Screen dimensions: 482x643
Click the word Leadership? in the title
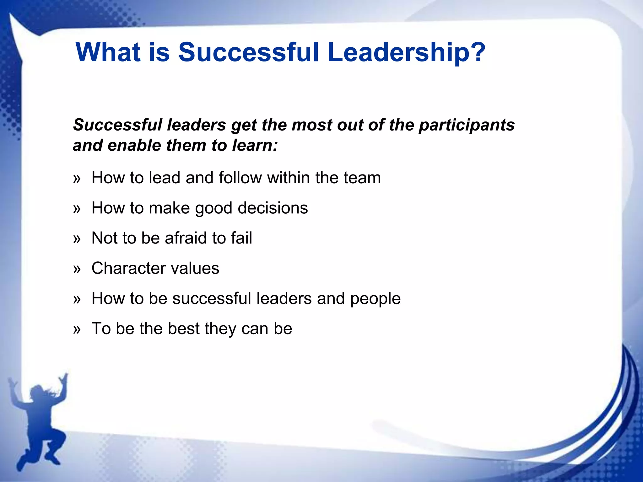(406, 52)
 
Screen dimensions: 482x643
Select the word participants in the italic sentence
(467, 125)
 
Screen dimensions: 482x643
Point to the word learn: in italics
(255, 145)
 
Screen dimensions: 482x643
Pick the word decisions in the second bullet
(273, 208)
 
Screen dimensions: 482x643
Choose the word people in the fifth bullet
(376, 298)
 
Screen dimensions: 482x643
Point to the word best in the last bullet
(184, 329)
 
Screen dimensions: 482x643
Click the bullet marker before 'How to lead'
(77, 179)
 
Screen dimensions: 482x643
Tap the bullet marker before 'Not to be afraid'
(77, 239)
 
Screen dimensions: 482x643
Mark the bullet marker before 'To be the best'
(77, 329)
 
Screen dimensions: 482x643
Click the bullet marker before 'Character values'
(77, 269)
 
